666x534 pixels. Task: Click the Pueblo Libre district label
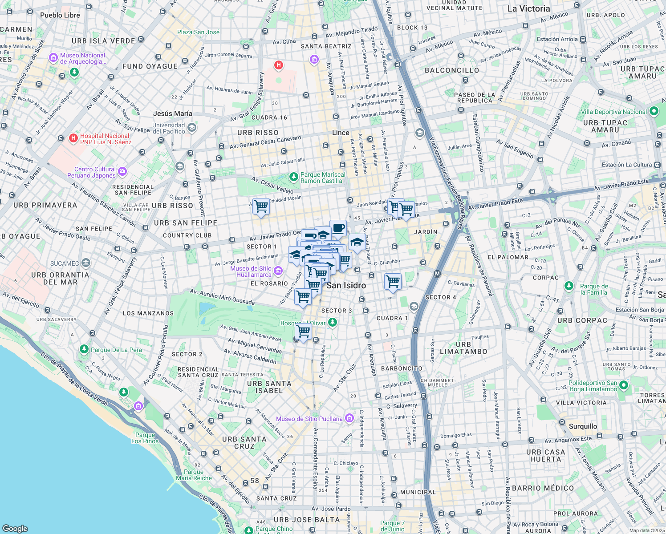tap(60, 15)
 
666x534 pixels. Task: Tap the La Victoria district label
tap(528, 8)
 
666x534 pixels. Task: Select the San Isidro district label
tap(346, 285)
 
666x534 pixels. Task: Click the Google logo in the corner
tap(15, 528)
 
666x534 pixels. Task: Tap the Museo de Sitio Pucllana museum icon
tap(349, 418)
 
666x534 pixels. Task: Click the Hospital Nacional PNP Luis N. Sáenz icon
tap(73, 139)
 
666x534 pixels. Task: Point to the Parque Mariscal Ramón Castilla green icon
tap(293, 177)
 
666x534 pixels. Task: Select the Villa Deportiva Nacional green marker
tap(654, 111)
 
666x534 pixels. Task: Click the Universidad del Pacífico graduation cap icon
tap(192, 128)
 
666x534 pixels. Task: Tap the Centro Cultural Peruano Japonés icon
tap(122, 172)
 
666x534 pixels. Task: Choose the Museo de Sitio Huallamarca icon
tap(278, 271)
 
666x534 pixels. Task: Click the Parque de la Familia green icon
tap(569, 286)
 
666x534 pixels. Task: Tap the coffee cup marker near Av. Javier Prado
tap(338, 228)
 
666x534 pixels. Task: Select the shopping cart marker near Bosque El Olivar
tap(303, 331)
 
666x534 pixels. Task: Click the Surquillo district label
tap(583, 426)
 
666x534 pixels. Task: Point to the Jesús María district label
tap(173, 113)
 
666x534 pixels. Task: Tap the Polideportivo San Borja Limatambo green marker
tap(624, 385)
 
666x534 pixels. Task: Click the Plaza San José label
tap(198, 32)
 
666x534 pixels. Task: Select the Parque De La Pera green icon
tap(84, 349)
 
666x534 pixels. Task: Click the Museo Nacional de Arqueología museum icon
tap(54, 58)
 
